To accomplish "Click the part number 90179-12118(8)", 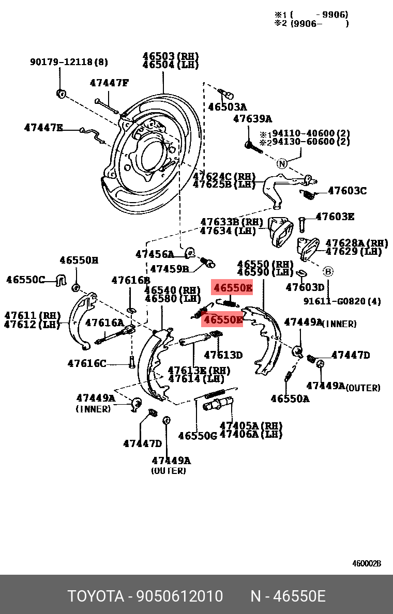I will coord(69,62).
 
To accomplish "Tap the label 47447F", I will coord(109,83).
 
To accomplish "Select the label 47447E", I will coord(43,127).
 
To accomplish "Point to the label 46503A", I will coord(228,107).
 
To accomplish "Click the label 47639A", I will coord(252,119).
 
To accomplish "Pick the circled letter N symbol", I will coord(281,164).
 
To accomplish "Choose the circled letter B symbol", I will coord(328,271).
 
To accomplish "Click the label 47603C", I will coord(347,191).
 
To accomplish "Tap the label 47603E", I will coord(335,217).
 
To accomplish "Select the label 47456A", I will coord(155,254).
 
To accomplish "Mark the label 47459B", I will coord(170,269).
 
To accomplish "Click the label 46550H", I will coord(79,260).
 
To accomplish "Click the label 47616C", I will coord(87,363).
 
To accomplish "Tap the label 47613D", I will coord(223,355).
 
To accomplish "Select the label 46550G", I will coord(198,436).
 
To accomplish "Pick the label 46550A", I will coord(290,398).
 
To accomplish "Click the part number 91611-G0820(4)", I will coord(342,301).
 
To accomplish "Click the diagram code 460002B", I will coord(367,563).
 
